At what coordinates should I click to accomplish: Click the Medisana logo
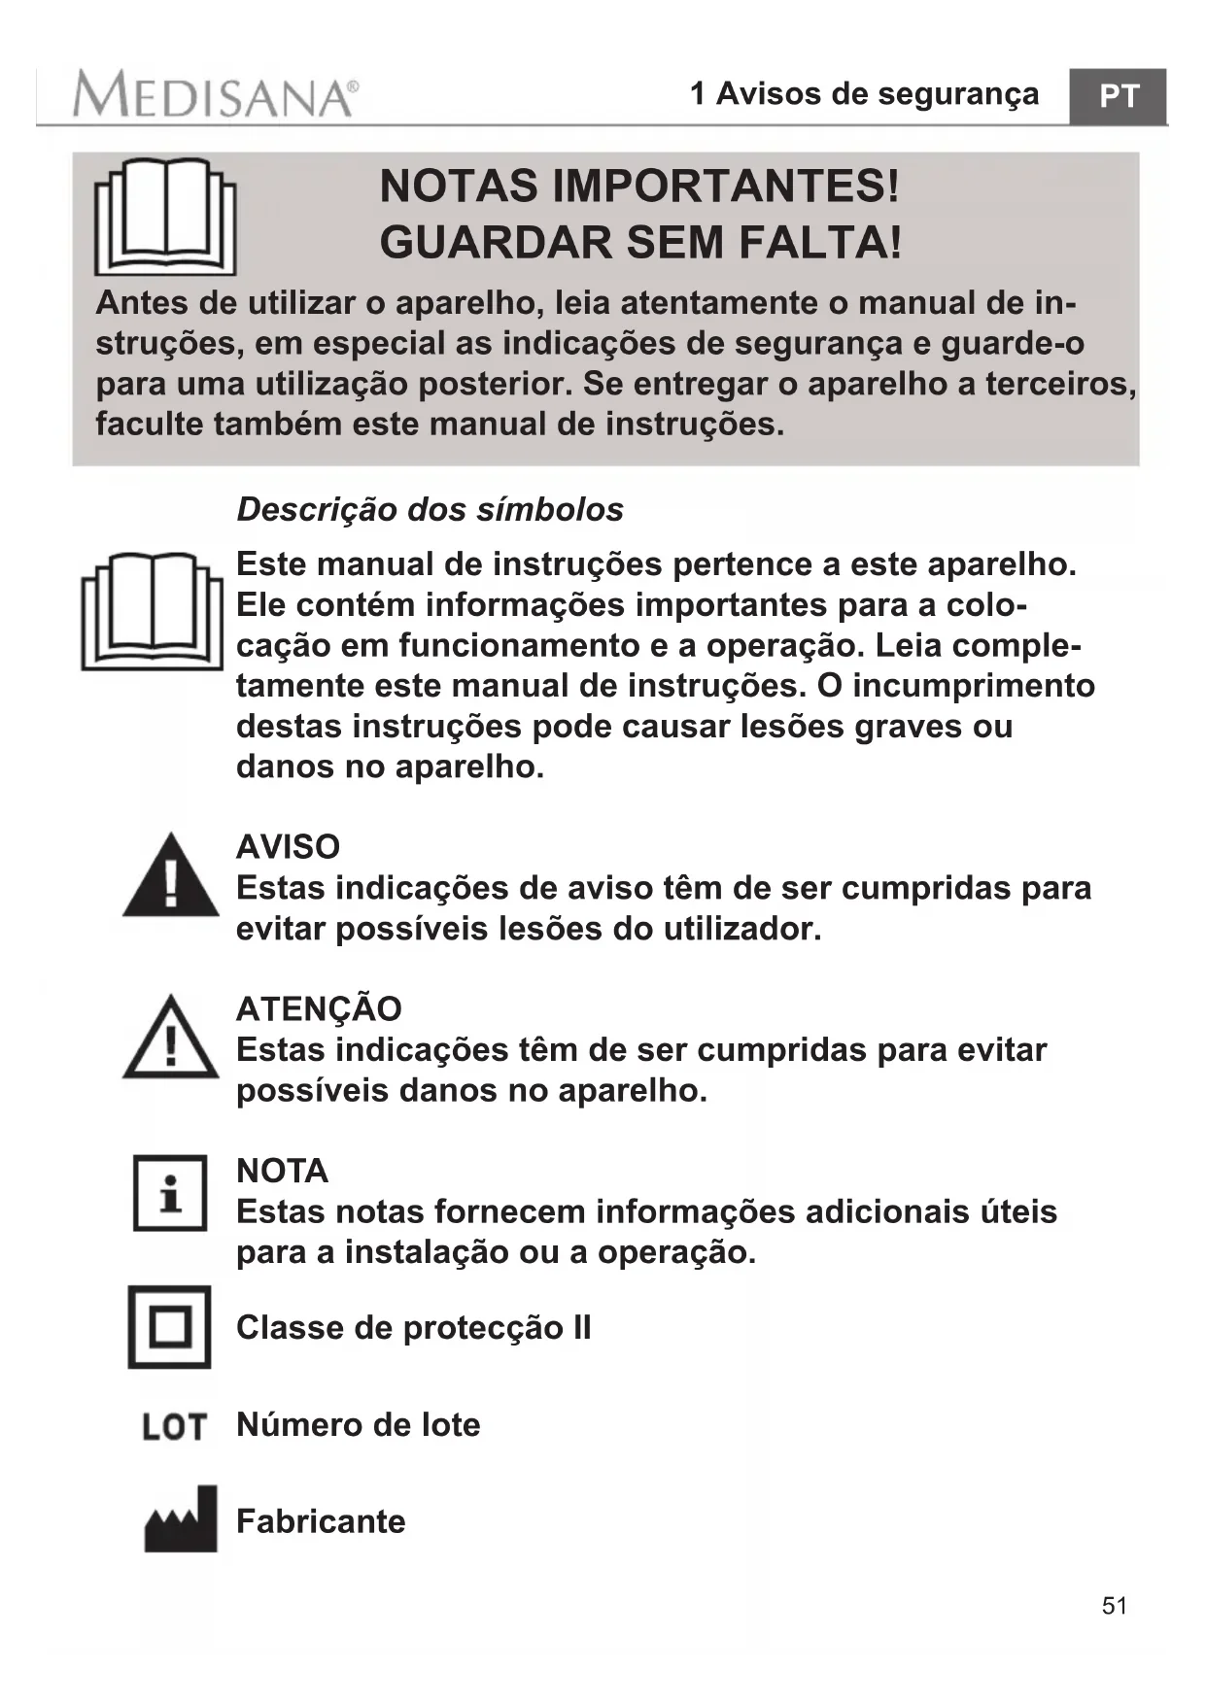pyautogui.click(x=215, y=95)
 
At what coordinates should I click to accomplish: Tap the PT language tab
pyautogui.click(x=1118, y=96)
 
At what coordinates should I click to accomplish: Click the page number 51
pyautogui.click(x=1115, y=1605)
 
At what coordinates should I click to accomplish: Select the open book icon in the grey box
pyautogui.click(x=165, y=217)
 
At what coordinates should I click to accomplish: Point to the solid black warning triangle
pyautogui.click(x=171, y=875)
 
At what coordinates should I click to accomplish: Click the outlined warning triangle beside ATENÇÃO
pyautogui.click(x=171, y=1038)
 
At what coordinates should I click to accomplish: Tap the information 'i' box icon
pyautogui.click(x=170, y=1192)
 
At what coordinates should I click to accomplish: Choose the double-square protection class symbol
pyautogui.click(x=170, y=1327)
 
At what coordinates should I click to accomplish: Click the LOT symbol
pyautogui.click(x=174, y=1426)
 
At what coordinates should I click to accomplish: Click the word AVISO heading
pyautogui.click(x=288, y=846)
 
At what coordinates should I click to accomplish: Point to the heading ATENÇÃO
pyautogui.click(x=319, y=1008)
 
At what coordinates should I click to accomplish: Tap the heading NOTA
pyautogui.click(x=282, y=1171)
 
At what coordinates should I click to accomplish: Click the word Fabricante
pyautogui.click(x=321, y=1520)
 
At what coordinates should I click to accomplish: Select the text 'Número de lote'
pyautogui.click(x=359, y=1424)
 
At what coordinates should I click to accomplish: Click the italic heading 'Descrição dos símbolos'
pyautogui.click(x=430, y=509)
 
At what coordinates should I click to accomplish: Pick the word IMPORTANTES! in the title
pyautogui.click(x=726, y=186)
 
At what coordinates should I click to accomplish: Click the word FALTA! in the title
pyautogui.click(x=820, y=242)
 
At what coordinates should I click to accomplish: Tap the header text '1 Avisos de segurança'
pyautogui.click(x=864, y=94)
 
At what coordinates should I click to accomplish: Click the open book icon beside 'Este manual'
pyautogui.click(x=153, y=611)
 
